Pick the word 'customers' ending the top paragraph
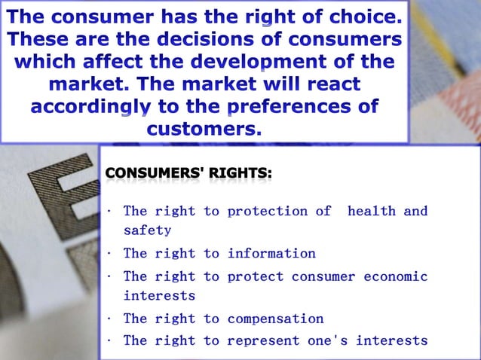[203, 129]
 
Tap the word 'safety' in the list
[148, 230]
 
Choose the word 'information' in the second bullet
[271, 253]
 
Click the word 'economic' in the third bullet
[395, 276]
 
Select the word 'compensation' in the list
[275, 319]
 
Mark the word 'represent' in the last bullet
[263, 340]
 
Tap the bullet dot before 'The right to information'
[110, 254]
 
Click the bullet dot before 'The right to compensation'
[110, 319]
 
